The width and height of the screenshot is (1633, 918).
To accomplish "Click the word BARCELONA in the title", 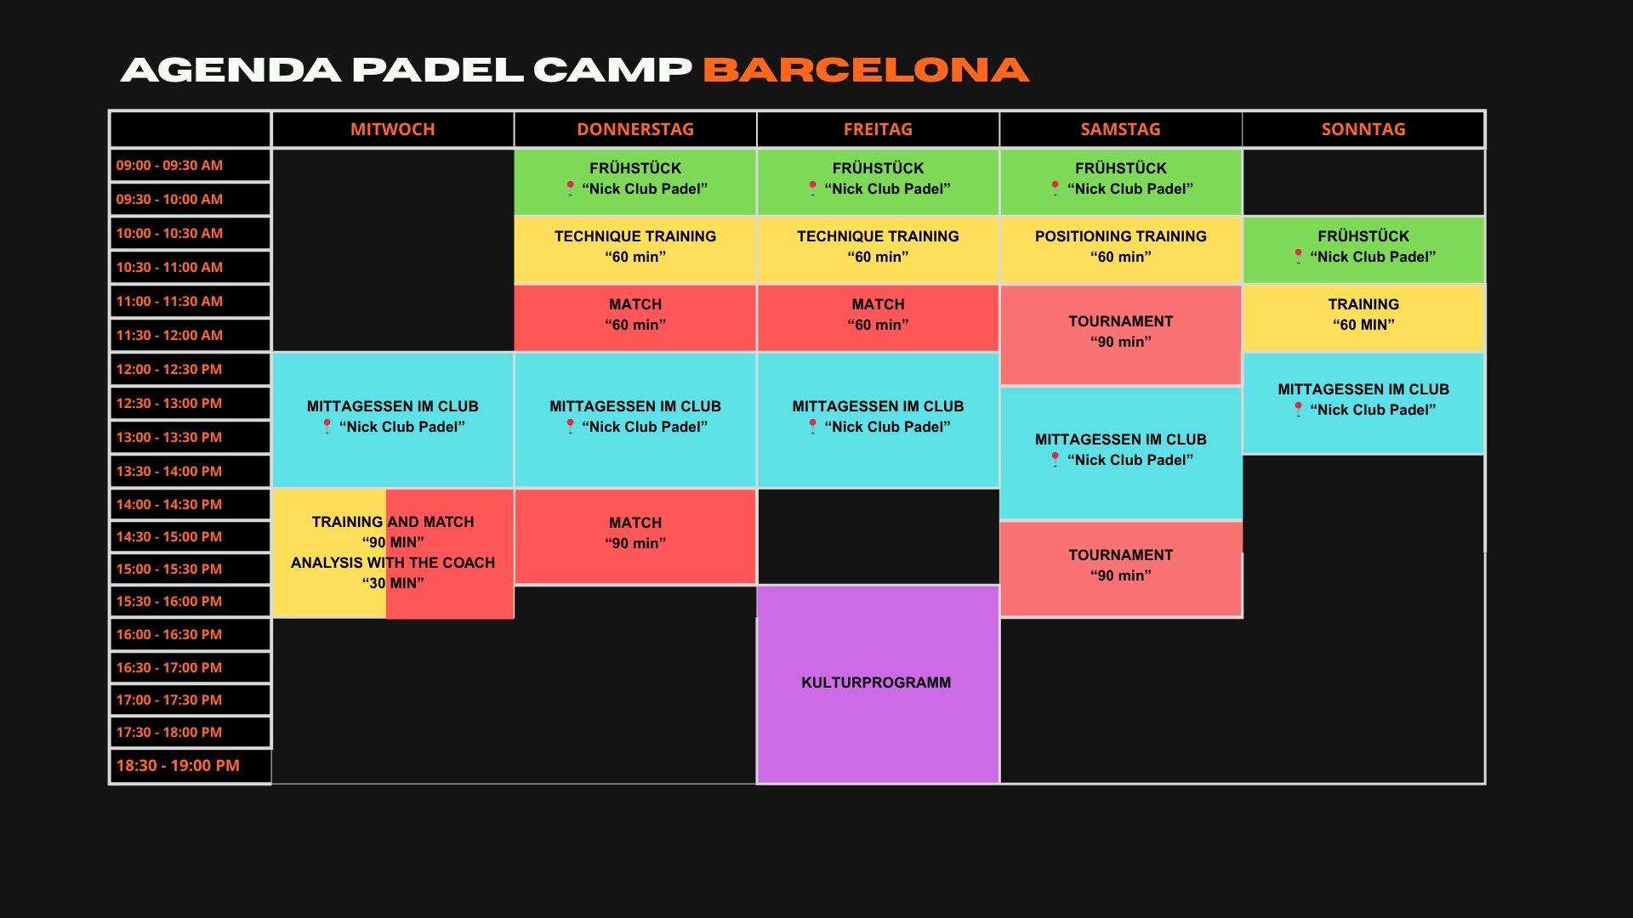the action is coord(866,70).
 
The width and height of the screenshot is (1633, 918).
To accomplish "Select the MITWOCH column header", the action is coord(393,129).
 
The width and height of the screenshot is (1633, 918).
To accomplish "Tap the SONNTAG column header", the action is coord(1363,129).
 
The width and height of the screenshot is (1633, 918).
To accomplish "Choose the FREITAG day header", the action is coord(878,129).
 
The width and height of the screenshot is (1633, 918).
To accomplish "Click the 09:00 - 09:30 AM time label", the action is coord(169,165).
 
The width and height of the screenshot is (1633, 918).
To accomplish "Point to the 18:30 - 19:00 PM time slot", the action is coord(178,765).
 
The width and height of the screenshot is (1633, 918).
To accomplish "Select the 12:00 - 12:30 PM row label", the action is coord(169,369).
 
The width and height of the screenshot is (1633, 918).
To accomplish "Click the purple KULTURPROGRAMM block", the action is coord(878,684).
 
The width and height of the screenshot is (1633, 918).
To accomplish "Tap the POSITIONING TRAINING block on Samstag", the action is coord(1121,249).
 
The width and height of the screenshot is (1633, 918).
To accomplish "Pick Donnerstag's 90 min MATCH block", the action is coord(635,536).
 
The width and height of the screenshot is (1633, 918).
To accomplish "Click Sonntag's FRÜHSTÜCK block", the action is coord(1363,249).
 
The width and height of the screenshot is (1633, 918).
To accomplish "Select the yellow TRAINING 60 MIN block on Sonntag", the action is coord(1363,317).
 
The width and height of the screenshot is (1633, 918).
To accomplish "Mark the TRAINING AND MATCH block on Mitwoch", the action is coord(393,553).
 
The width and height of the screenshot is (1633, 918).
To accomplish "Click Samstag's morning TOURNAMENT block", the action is coord(1121,334).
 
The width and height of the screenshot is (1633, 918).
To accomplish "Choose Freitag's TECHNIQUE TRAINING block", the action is coord(878,249).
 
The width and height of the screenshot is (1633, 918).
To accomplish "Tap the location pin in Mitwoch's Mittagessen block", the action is coord(327,426).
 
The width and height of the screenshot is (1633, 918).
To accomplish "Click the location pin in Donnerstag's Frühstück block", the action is coord(570,188).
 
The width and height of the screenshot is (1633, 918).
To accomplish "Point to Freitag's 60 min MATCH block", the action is coord(878,317).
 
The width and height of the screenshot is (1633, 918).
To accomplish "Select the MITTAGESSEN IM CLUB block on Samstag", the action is coord(1121,452).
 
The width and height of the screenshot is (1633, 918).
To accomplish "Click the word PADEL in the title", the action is coord(437,70).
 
